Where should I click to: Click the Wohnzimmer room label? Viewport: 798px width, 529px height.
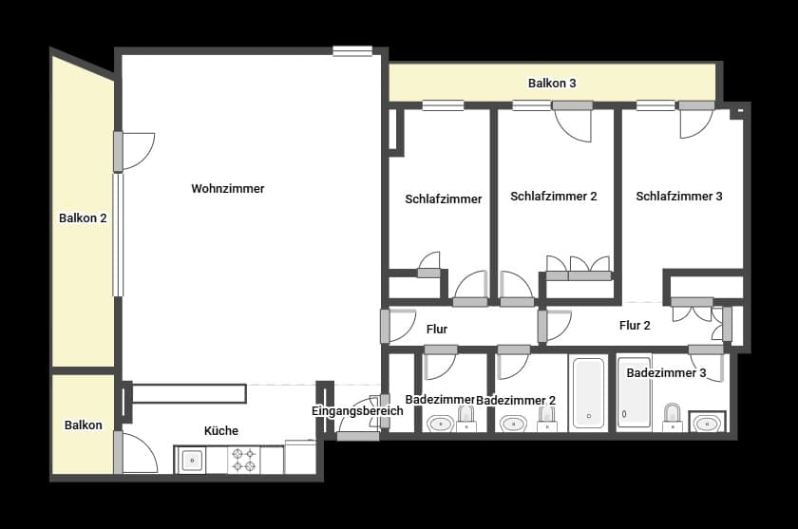coord(228,189)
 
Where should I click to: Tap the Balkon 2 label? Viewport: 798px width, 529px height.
coord(83,217)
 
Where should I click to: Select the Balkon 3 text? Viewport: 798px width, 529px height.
coord(552,84)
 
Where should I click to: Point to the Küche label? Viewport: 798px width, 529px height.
coord(221,430)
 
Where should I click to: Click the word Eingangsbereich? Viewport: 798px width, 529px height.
coord(357,411)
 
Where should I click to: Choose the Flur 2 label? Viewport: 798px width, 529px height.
coord(635,326)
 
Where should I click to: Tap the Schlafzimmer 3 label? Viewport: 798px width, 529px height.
coord(679,197)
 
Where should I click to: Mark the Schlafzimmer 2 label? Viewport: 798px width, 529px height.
coord(554,197)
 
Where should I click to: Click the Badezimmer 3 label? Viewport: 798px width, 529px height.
coord(666,373)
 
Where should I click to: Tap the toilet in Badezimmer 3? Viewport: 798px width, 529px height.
coord(673,416)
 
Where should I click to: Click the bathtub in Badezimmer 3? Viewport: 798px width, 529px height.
coord(634,391)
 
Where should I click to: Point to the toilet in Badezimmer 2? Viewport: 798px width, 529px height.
coord(546,419)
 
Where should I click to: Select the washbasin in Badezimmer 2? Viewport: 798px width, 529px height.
coord(514,423)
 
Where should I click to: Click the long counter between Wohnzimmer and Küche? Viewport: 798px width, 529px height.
coord(189,393)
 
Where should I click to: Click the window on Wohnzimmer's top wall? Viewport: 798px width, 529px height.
coord(352,51)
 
